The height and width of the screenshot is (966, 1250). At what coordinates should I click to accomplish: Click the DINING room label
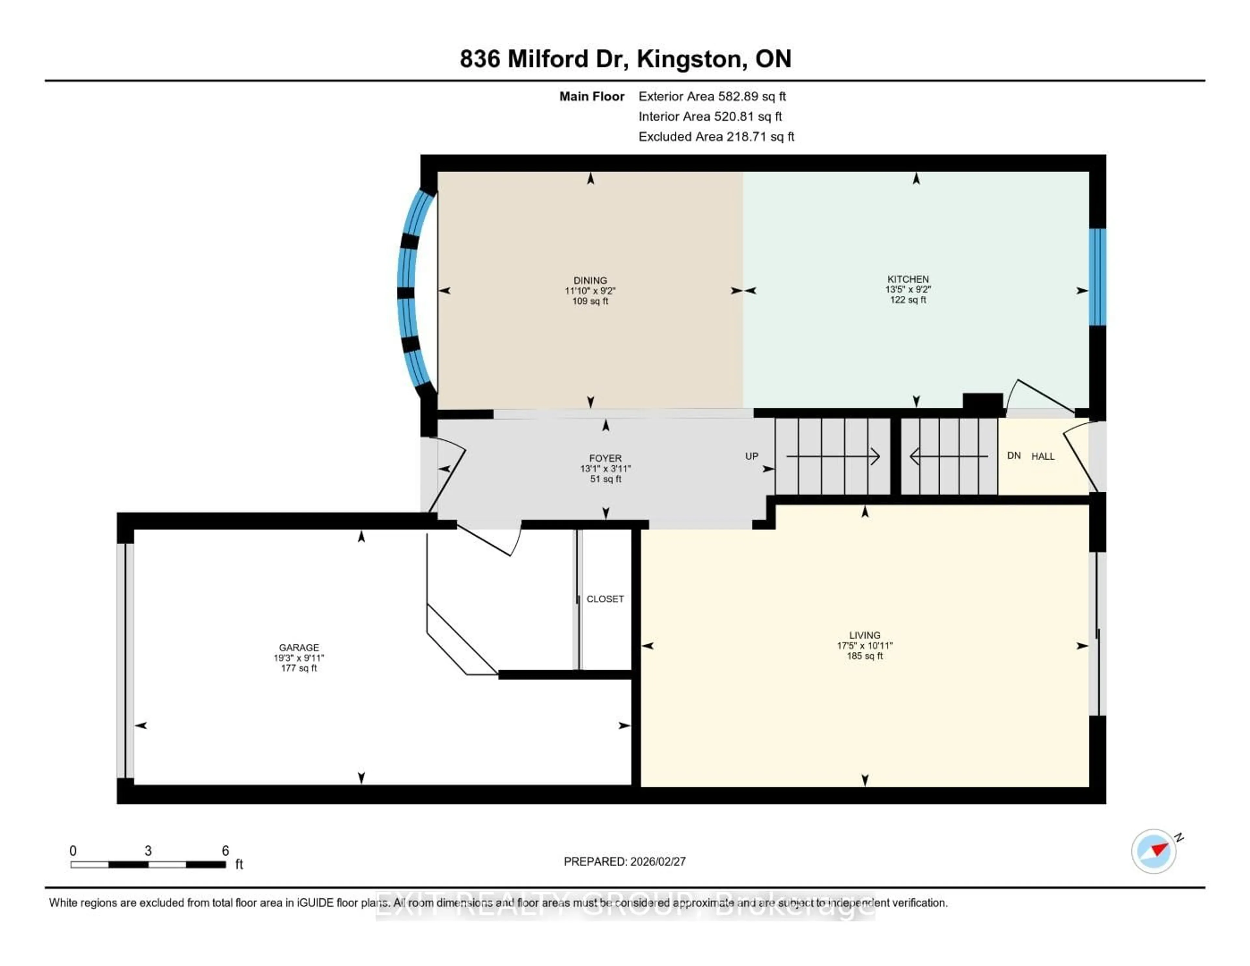point(590,281)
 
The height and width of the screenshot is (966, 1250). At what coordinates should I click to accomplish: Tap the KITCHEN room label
point(908,279)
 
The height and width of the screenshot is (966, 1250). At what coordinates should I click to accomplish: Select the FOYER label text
point(605,458)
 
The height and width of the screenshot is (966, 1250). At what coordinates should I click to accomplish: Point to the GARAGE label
point(299,648)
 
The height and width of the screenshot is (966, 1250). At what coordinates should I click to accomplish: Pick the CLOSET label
point(605,599)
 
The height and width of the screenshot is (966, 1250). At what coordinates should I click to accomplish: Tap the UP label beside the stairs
point(752,456)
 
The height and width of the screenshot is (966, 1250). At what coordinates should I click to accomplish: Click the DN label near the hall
point(1014,456)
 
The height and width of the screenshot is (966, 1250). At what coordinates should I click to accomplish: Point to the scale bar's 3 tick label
point(148,851)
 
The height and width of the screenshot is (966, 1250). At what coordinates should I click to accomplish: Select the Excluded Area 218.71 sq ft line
point(716,137)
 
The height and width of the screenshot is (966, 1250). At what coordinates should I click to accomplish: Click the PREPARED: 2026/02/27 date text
point(624,862)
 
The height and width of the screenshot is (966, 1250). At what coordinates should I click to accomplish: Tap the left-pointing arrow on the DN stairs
point(915,456)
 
